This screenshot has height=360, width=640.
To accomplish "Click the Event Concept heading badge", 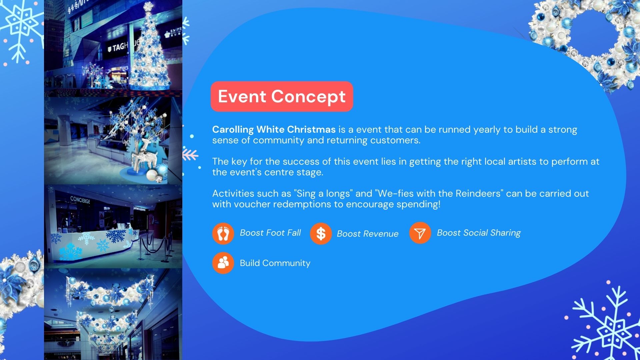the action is coord(282,96).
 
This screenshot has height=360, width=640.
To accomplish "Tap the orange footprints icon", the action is coord(223,233).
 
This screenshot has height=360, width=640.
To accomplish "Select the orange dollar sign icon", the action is coord(321,234).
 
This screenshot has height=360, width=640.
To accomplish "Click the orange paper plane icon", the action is coord(420,233).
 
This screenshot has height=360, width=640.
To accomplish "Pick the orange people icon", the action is coord(223,263).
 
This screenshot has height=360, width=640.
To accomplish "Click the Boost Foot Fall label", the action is coord(270,233).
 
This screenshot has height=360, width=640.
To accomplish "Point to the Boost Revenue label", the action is coord(368,234).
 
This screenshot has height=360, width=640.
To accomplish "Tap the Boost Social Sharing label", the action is coord(479,233).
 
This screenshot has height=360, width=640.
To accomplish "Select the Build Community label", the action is coord(275,263).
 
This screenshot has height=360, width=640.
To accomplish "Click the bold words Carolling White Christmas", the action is coord(274,130).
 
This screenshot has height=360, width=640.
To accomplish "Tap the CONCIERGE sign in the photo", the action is coord(80,200).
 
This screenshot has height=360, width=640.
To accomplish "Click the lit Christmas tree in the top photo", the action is coord(149,47).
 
